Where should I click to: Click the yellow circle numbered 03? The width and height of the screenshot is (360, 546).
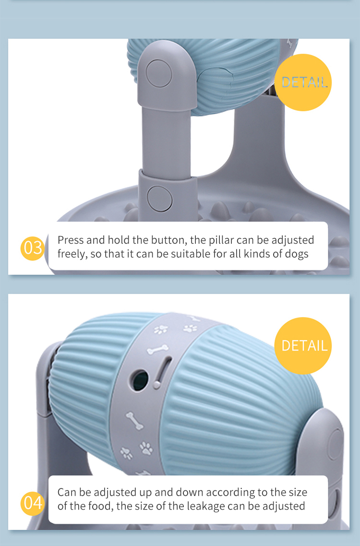point(33,248)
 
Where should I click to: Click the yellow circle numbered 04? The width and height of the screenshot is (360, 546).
point(33,503)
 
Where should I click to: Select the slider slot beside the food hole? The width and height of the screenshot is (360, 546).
point(161,372)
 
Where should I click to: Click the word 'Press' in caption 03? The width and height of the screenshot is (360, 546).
point(71,240)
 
